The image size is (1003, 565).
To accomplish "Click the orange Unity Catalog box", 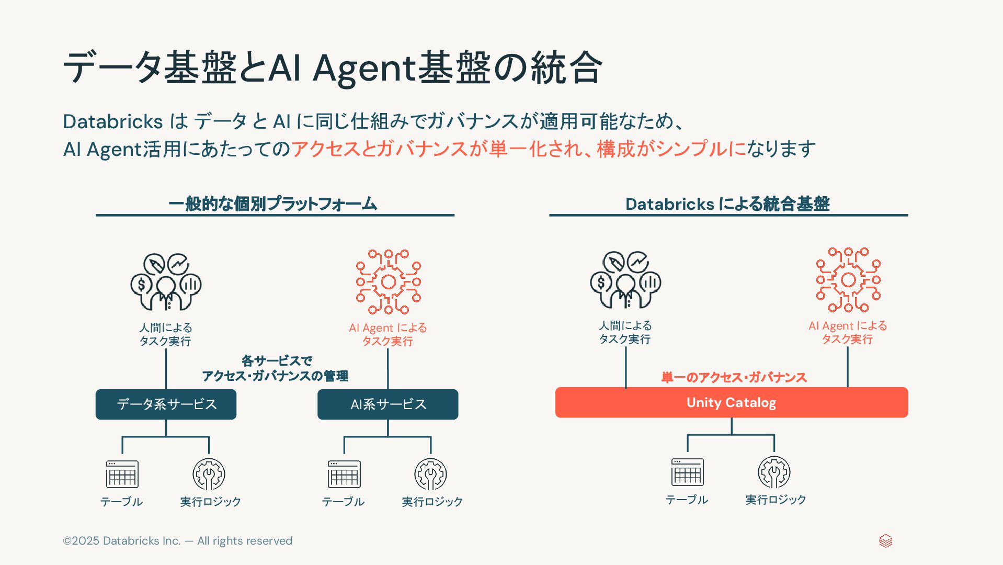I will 731,402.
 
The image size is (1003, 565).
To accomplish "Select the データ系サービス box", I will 166,404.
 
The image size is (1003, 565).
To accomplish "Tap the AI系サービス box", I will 387,404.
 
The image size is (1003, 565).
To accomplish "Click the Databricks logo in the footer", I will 885,541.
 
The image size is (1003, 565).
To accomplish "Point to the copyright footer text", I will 177,541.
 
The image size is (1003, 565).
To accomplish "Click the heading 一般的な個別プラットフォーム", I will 272,204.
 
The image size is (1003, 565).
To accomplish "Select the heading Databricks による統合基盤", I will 727,204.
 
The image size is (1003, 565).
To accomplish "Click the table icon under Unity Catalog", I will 687,472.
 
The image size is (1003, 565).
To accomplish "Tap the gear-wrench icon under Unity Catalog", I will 774,472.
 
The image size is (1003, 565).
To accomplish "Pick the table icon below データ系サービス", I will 122,474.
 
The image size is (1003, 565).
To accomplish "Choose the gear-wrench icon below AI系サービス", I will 430,474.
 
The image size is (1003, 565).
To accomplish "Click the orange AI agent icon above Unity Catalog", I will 848,280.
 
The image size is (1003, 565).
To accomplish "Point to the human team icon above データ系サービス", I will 166,282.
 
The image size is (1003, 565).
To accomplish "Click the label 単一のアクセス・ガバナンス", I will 734,377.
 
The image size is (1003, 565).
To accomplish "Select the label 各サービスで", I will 277,360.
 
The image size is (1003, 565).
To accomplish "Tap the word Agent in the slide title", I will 364,69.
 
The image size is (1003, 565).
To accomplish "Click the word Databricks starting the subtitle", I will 113,121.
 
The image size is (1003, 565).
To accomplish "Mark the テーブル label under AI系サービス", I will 343,502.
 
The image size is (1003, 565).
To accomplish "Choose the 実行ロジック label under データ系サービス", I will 210,502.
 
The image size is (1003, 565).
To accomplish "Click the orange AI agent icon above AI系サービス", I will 388,282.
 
